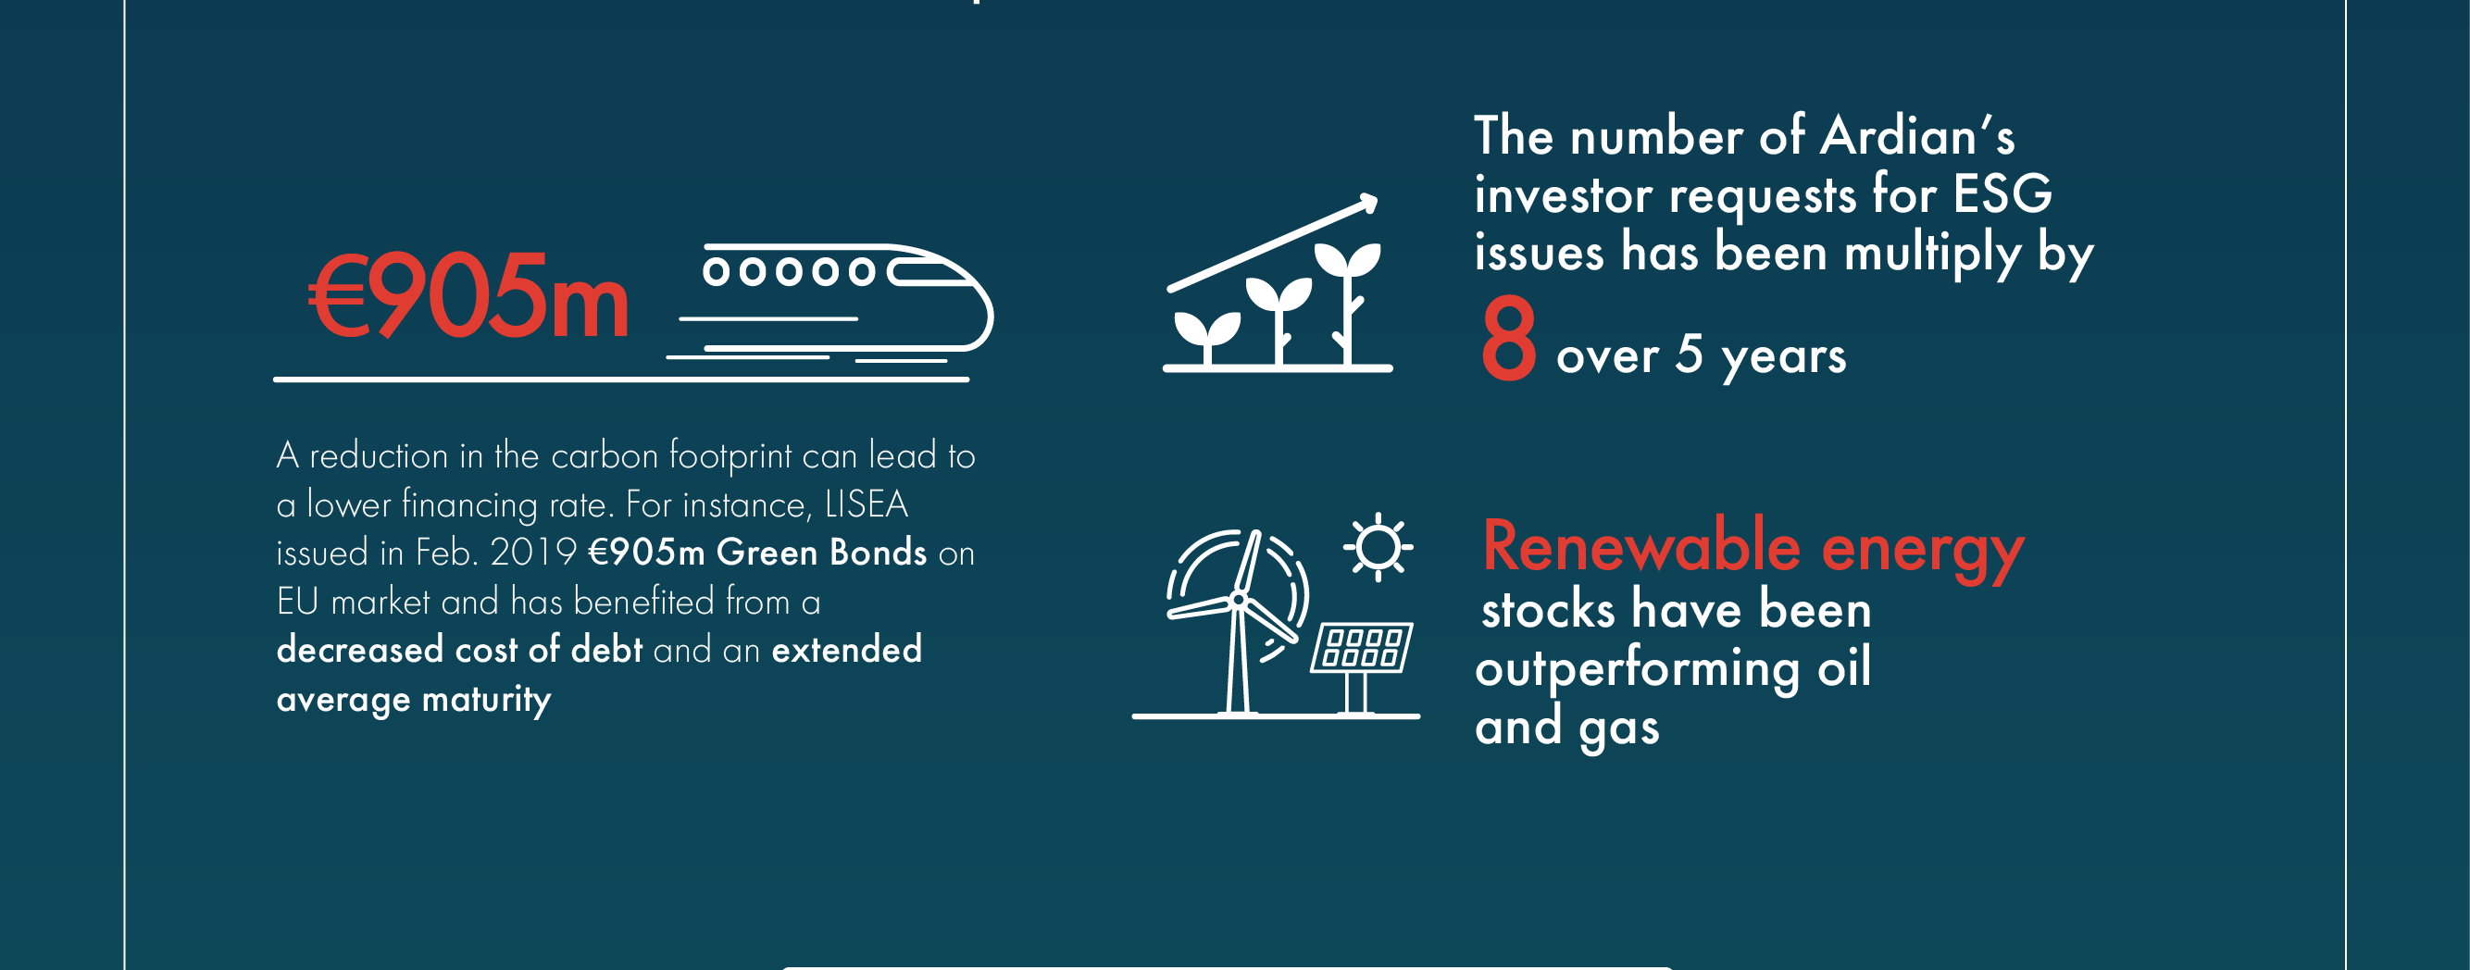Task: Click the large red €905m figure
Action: [468, 296]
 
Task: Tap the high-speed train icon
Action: [830, 303]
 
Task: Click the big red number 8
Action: [1508, 338]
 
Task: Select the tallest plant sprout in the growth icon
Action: [1347, 302]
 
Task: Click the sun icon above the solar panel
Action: [1378, 547]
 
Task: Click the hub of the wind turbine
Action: [1238, 600]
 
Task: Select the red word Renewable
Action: [1642, 545]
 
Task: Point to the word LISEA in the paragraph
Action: [866, 504]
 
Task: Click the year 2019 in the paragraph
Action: [533, 553]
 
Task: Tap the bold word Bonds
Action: [879, 553]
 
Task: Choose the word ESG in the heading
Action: [2003, 193]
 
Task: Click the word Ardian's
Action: [1917, 135]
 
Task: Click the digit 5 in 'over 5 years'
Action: [1689, 354]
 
